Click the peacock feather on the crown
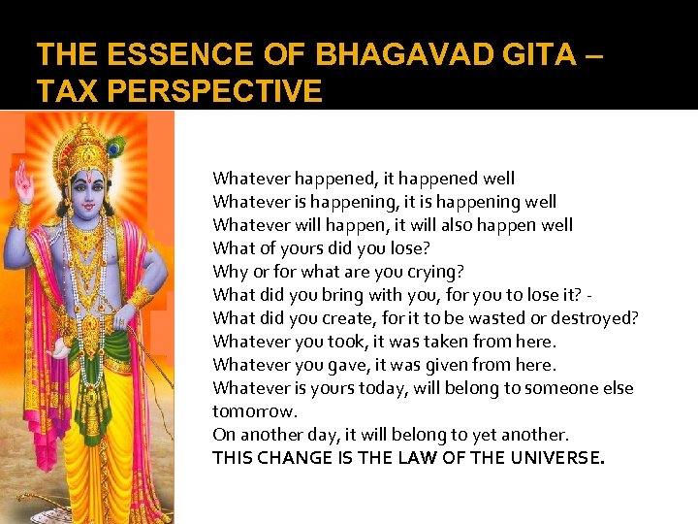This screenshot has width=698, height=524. pyautogui.click(x=114, y=147)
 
